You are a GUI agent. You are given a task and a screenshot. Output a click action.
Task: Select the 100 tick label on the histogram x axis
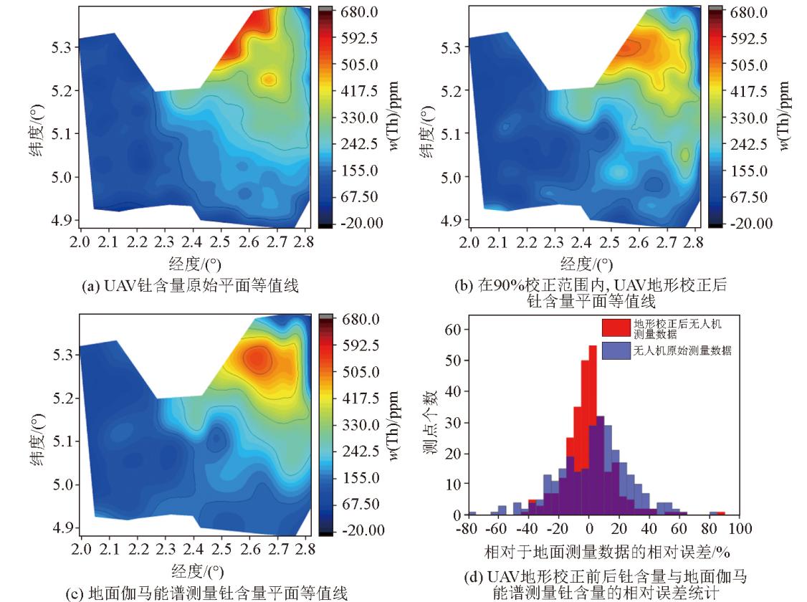click(742, 530)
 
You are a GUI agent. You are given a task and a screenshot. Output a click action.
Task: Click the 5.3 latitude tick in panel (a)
click(60, 47)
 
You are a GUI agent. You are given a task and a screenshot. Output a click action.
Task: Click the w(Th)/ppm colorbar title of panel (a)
click(395, 117)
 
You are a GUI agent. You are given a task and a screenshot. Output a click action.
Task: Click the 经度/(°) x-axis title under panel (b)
click(586, 264)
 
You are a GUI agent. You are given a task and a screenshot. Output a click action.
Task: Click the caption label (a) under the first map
click(93, 286)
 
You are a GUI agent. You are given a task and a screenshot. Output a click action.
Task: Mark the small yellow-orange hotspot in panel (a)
click(269, 79)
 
